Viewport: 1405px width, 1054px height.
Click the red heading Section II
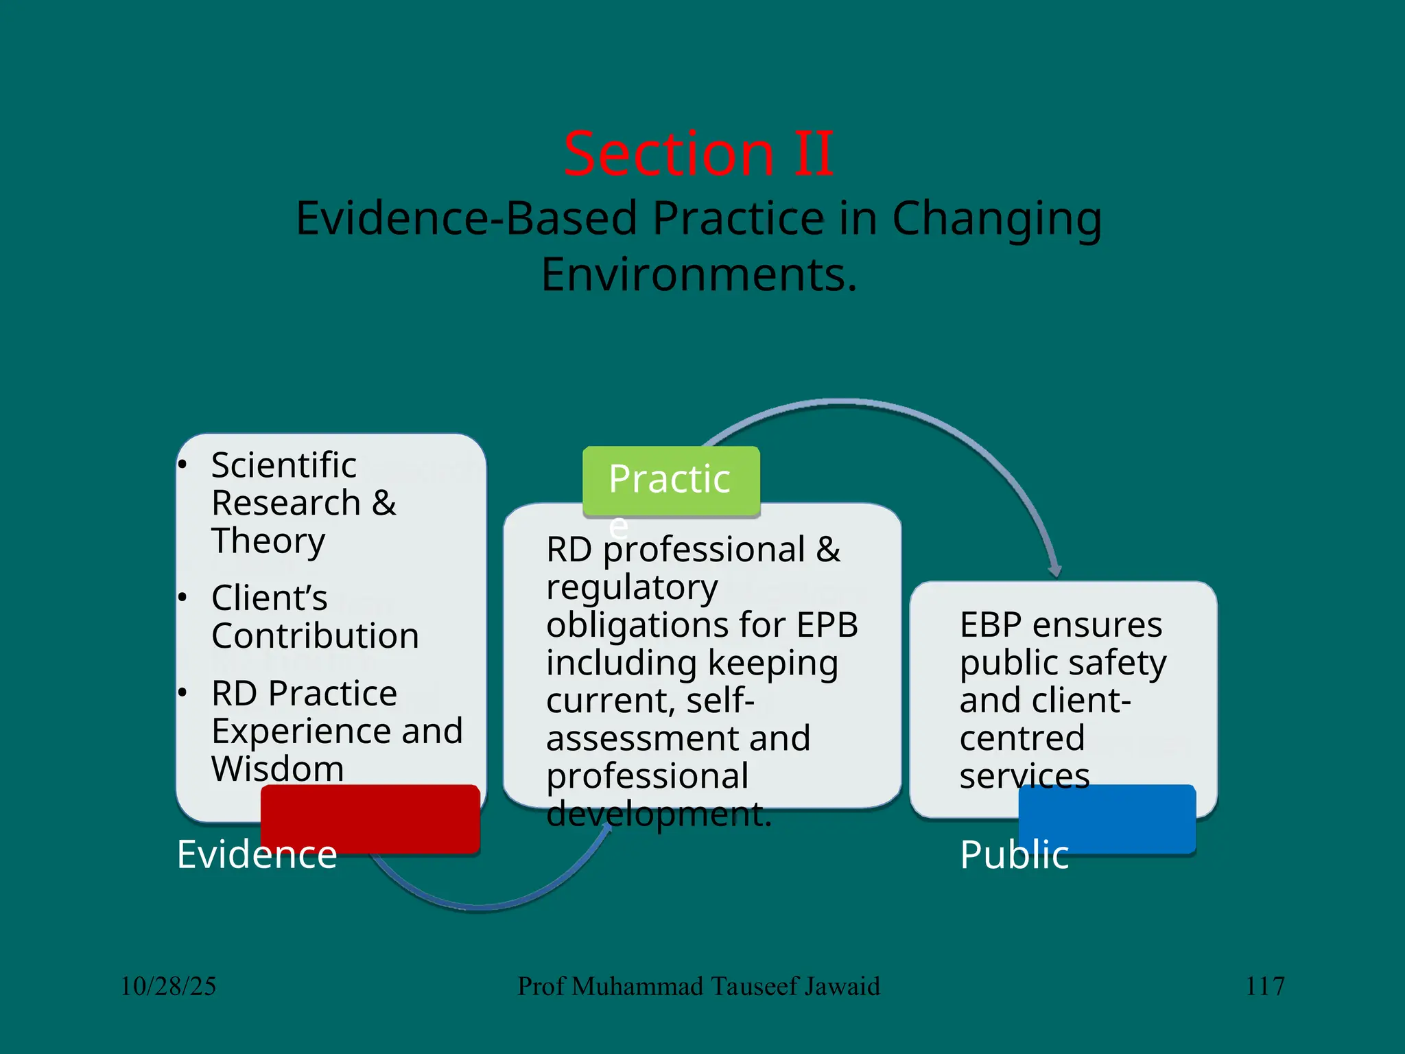pyautogui.click(x=698, y=154)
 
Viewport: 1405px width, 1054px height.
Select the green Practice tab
pyautogui.click(x=670, y=480)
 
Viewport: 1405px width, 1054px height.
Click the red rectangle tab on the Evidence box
pyautogui.click(x=370, y=818)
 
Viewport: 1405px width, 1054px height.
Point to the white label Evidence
pyautogui.click(x=257, y=854)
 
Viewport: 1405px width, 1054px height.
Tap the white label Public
pyautogui.click(x=1014, y=854)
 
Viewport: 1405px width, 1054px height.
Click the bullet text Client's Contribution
pyautogui.click(x=315, y=617)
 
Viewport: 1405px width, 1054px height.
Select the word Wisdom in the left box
pyautogui.click(x=278, y=769)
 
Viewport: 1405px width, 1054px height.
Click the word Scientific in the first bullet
pyautogui.click(x=284, y=465)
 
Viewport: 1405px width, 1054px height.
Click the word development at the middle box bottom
pyautogui.click(x=658, y=815)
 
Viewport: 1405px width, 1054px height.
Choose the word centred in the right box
pyautogui.click(x=1022, y=738)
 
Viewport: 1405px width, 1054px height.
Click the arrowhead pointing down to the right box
pyautogui.click(x=1055, y=570)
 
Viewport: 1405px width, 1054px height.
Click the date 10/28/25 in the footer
pyautogui.click(x=169, y=986)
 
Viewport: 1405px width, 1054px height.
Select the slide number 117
pyautogui.click(x=1265, y=986)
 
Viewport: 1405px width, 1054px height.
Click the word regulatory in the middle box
pyautogui.click(x=632, y=588)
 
